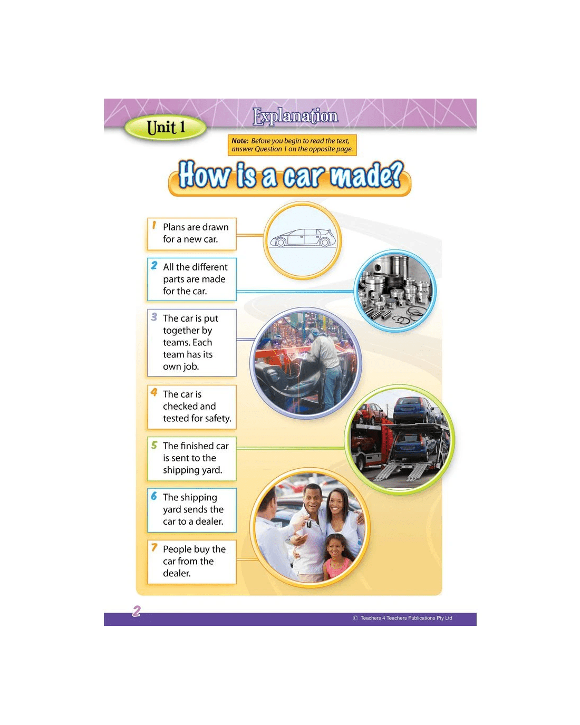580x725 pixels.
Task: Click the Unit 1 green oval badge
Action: tap(165, 128)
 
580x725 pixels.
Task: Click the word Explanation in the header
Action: tap(295, 116)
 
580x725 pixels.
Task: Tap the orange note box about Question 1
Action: tap(292, 145)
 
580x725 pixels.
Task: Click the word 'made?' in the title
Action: tap(366, 175)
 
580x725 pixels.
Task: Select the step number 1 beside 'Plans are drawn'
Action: tap(154, 225)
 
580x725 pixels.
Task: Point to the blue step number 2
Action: tap(154, 265)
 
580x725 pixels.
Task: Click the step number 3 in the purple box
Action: tap(154, 317)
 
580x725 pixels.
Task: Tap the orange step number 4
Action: tap(154, 392)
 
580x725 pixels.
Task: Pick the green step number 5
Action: tap(154, 444)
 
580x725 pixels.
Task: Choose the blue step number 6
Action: tap(154, 496)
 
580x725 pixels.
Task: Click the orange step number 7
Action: tap(154, 547)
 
